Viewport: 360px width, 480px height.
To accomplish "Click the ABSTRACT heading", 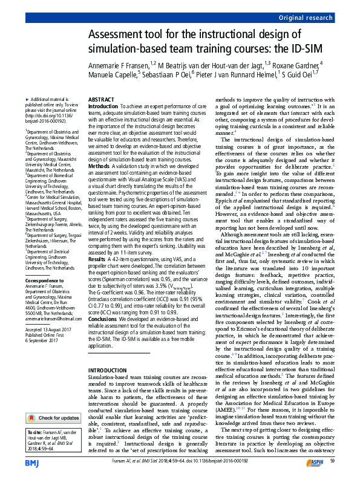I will [x=102, y=99].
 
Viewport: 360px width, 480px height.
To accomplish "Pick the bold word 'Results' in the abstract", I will [x=99, y=241].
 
